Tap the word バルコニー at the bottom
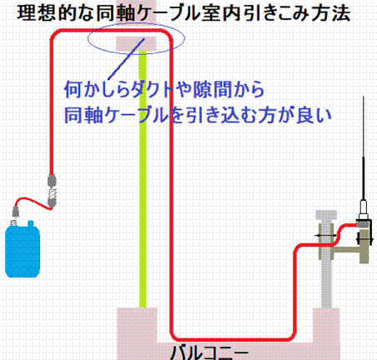[x=209, y=352]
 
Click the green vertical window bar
[x=143, y=179]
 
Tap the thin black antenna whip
[x=363, y=147]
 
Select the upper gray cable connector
[x=52, y=180]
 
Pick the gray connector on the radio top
[x=16, y=212]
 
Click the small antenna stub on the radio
[x=30, y=223]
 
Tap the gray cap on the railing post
[x=326, y=215]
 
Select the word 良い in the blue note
[x=314, y=115]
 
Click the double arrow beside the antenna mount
[x=364, y=238]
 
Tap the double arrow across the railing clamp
[x=325, y=236]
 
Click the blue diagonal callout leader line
[x=126, y=59]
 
